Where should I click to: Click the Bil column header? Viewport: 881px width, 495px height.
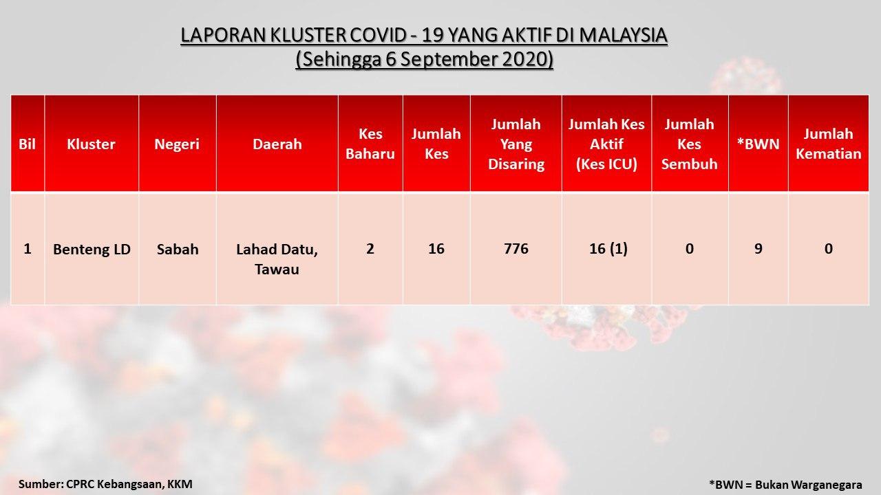click(x=27, y=144)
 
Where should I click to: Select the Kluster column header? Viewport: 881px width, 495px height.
click(x=92, y=144)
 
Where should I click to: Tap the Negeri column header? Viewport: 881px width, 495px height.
click(x=177, y=144)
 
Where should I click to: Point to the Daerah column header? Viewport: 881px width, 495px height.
click(x=277, y=144)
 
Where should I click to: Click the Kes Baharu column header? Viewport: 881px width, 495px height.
click(x=370, y=144)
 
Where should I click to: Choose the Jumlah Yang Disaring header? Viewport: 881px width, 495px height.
click(x=516, y=144)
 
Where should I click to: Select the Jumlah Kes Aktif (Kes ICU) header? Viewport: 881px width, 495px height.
click(x=606, y=144)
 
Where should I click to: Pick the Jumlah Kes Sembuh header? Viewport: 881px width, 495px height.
click(x=690, y=144)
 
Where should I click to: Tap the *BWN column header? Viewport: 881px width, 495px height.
click(x=758, y=144)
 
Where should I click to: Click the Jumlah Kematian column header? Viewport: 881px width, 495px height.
click(x=829, y=144)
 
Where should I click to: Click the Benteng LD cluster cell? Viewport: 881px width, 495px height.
click(x=92, y=250)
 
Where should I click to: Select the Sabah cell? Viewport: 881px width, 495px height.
click(x=178, y=250)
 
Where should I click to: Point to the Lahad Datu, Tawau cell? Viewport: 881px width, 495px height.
click(x=277, y=259)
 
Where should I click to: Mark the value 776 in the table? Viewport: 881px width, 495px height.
click(x=516, y=249)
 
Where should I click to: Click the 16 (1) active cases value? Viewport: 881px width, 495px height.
click(x=608, y=249)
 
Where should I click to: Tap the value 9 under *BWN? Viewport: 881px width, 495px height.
click(x=758, y=249)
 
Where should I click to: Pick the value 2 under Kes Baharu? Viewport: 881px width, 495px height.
click(x=370, y=249)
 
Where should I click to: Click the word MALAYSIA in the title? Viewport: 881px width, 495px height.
click(x=623, y=35)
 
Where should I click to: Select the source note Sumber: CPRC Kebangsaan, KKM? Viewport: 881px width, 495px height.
click(x=105, y=484)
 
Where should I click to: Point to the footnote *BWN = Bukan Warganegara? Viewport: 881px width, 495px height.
click(x=785, y=485)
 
